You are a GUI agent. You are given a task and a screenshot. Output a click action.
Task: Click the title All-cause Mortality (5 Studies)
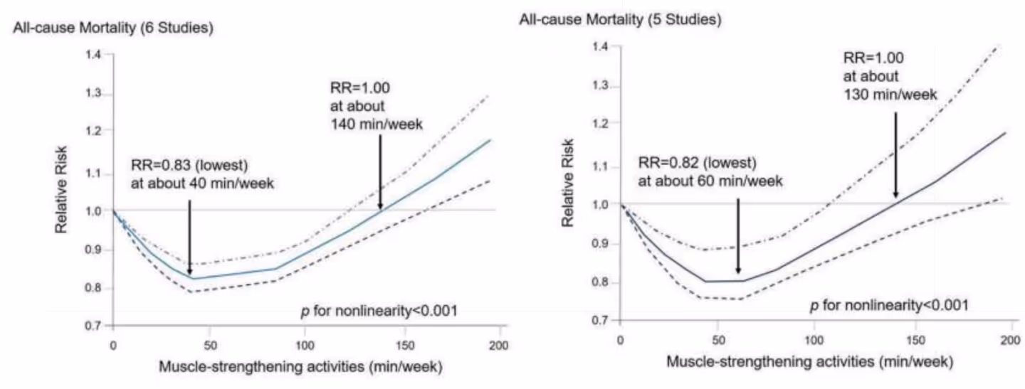[620, 20]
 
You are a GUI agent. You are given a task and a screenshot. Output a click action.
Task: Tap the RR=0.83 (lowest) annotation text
[189, 166]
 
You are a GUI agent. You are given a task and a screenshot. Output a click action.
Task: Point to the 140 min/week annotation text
[376, 123]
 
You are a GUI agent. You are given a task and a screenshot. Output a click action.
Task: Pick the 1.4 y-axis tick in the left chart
[94, 54]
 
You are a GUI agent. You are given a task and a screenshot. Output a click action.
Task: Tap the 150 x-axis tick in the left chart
[403, 345]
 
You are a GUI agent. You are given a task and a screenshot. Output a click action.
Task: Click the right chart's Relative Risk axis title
[569, 186]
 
